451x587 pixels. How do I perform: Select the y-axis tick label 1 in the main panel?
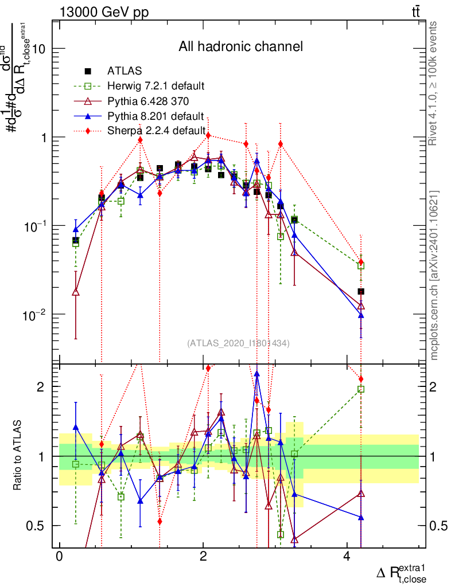(x=43, y=138)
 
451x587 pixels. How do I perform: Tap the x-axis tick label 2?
(x=203, y=558)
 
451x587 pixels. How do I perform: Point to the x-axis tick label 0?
(x=59, y=558)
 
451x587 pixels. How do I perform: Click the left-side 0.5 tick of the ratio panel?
(x=38, y=526)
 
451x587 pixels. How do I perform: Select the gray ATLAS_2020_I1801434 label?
(x=238, y=343)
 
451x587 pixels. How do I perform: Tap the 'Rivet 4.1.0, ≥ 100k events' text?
(x=434, y=83)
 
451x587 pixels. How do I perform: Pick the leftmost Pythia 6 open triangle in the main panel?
(x=76, y=292)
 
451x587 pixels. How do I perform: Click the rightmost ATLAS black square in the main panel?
(x=361, y=291)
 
